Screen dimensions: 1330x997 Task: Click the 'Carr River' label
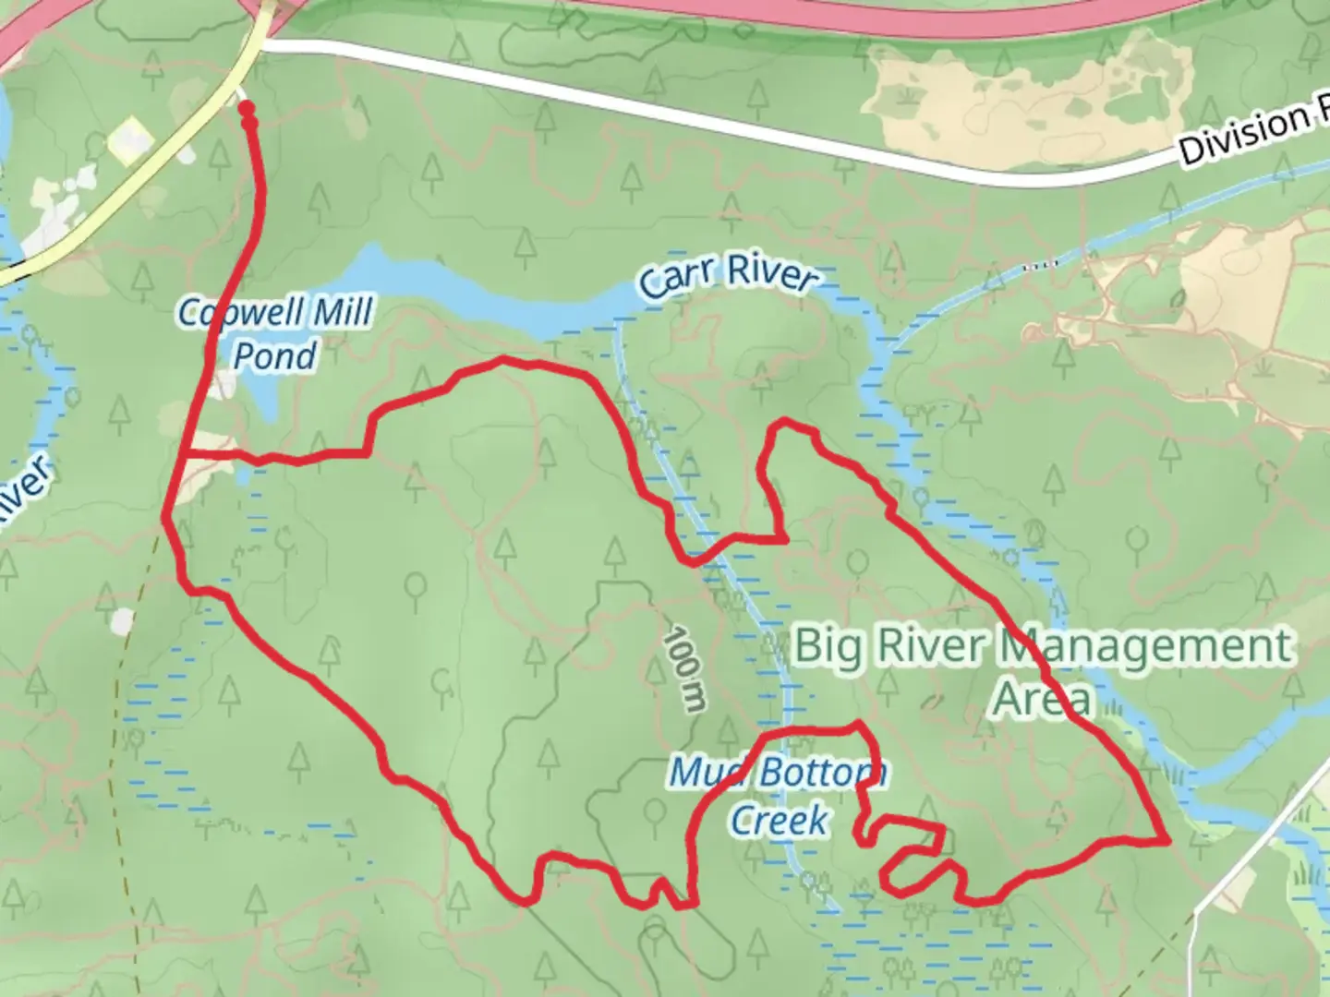click(x=729, y=276)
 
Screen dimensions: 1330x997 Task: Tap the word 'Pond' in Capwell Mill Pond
click(x=275, y=355)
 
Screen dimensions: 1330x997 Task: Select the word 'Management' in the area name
click(x=1145, y=645)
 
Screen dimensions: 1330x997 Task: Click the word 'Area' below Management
click(x=1042, y=699)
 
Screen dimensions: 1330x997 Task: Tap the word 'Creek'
click(x=779, y=819)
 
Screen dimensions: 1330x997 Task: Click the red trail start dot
click(x=247, y=109)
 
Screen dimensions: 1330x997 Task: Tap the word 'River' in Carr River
click(x=770, y=274)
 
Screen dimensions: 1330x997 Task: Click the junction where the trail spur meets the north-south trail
click(x=185, y=453)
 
